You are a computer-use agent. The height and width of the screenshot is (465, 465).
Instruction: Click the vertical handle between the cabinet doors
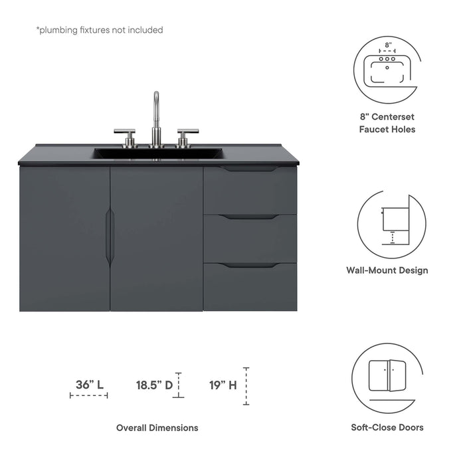[x=110, y=238]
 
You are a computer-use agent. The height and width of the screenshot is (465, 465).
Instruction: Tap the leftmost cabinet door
[x=64, y=238]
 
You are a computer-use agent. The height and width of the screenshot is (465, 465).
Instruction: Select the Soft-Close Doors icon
[x=387, y=376]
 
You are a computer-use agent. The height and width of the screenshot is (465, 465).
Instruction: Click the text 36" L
[x=89, y=384]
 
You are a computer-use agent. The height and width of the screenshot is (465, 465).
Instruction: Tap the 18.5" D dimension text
[x=154, y=384]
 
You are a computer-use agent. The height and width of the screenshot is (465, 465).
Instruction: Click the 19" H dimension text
[x=223, y=384]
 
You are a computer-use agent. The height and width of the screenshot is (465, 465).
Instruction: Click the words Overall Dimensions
[x=157, y=428]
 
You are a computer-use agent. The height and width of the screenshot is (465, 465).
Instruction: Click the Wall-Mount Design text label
[x=387, y=270]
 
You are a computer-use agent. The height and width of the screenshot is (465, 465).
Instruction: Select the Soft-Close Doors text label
[x=387, y=428]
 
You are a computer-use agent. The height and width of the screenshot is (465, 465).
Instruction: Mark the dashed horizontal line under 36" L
[x=89, y=396]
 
